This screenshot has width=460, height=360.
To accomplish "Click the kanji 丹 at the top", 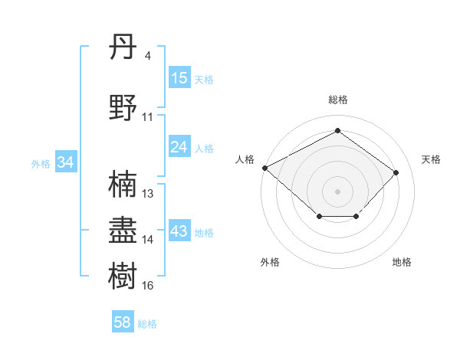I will coord(123,51).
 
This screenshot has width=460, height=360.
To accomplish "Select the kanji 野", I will coord(123,106).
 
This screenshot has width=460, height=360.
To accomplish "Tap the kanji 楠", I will coord(123,184).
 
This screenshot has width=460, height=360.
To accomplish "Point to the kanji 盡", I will coord(123,230).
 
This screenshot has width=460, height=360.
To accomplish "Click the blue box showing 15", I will coord(179,78).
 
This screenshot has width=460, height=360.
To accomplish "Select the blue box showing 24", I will coord(179,147).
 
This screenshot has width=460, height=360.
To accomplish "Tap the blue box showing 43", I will coord(179,232).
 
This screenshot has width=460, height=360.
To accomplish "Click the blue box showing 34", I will coord(66,162).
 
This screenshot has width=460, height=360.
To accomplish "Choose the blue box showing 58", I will coord(123,323).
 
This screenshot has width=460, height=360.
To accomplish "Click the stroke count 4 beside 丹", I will coord(147,56).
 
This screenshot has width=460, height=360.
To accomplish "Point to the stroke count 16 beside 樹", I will coord(148,286).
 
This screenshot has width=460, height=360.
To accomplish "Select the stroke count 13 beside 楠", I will coord(148,194).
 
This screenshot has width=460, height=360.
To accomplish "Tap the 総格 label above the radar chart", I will coord(337,100).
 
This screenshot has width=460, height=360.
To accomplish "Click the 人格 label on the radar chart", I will coord(245,159).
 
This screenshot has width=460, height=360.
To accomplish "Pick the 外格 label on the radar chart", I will coord(270,263).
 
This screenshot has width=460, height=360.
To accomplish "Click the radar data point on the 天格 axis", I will coord(396,172).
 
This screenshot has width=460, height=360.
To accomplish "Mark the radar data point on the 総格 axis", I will coord(337,131).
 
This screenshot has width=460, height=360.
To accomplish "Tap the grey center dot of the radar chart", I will coord(337,191).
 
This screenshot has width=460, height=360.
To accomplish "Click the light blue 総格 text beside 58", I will coord(147,324).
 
